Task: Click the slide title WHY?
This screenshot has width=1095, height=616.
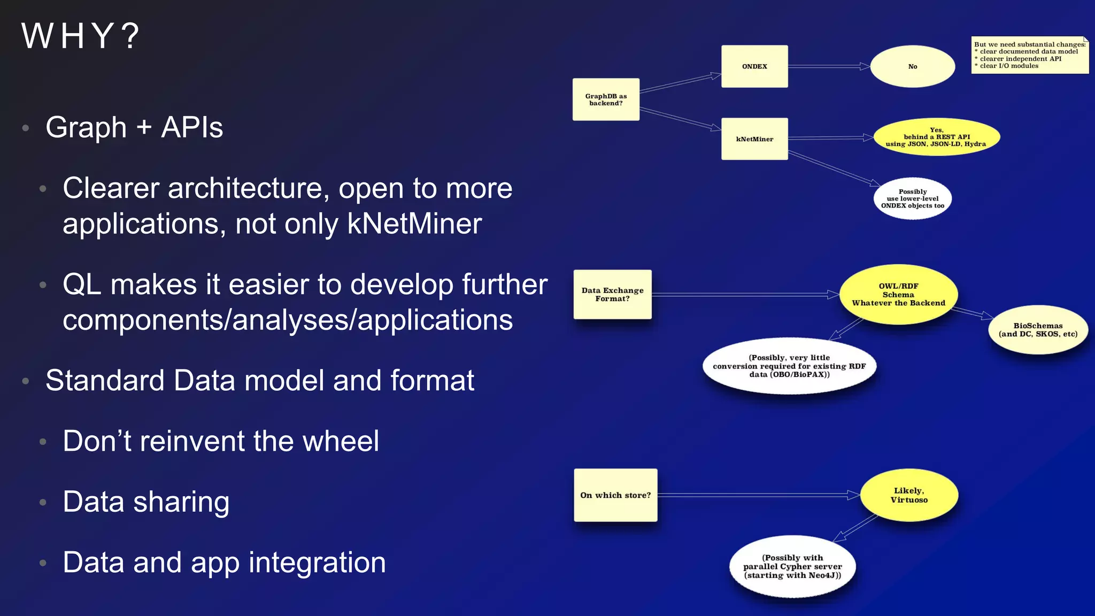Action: tap(80, 36)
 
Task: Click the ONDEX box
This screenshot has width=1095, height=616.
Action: tap(754, 66)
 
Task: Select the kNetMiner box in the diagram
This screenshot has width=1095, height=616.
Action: tap(754, 139)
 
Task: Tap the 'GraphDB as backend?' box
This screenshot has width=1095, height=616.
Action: tap(606, 100)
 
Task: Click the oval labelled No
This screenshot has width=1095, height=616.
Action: tap(912, 67)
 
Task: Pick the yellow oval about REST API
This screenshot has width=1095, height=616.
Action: tap(936, 137)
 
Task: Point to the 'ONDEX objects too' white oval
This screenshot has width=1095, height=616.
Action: tap(913, 199)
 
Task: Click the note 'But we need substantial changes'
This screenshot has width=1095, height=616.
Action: tap(1029, 55)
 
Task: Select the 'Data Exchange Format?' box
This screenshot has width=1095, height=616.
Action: tap(612, 295)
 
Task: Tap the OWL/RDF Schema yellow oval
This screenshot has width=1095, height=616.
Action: tap(898, 295)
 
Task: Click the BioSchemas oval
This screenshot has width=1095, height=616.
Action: tap(1038, 330)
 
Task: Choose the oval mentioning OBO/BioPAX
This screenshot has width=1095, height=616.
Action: tap(789, 366)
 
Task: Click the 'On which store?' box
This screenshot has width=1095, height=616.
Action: tap(615, 495)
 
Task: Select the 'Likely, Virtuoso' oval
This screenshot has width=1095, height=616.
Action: tap(909, 495)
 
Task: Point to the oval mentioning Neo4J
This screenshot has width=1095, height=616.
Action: tap(792, 567)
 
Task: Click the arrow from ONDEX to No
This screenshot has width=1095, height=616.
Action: tap(829, 66)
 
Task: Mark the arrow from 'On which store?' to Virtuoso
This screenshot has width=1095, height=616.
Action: tap(759, 495)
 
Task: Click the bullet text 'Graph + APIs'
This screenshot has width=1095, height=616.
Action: tap(134, 127)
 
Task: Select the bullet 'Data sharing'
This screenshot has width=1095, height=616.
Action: tap(146, 502)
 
